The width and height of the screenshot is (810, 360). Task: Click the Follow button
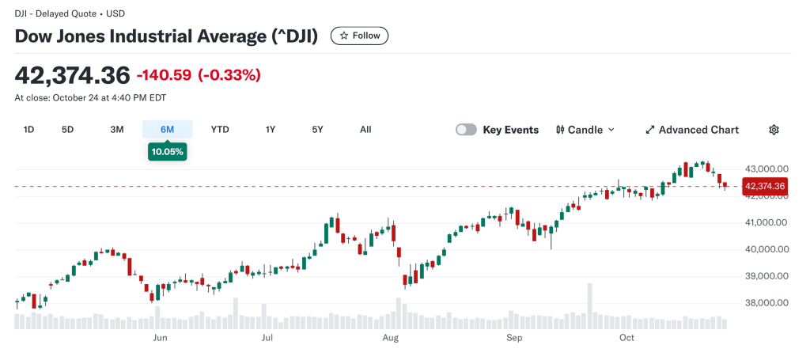tap(359, 36)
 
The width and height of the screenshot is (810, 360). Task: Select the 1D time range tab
tap(28, 130)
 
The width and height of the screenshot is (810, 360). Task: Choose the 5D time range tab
tap(67, 130)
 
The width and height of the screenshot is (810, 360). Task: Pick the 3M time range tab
tap(117, 130)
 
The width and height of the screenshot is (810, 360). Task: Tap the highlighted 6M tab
tap(167, 130)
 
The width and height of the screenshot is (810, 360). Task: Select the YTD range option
tap(220, 130)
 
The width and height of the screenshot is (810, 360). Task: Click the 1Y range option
tap(271, 130)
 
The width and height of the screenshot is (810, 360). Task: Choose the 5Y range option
tap(317, 130)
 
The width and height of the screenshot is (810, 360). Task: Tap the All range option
tap(365, 130)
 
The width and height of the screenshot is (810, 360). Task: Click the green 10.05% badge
tap(167, 151)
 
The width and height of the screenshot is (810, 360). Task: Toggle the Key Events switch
tap(467, 130)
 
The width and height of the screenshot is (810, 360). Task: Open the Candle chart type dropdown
tap(585, 130)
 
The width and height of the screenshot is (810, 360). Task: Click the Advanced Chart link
tap(692, 130)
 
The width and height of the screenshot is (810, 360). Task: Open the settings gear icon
tap(774, 130)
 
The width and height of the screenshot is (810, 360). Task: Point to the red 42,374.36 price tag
tap(764, 187)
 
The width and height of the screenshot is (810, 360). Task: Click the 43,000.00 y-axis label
tap(766, 169)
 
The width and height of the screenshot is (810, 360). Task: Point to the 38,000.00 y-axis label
tap(766, 303)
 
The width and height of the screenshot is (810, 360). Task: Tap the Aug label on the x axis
tap(390, 338)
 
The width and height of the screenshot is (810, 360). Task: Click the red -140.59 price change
tap(164, 75)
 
